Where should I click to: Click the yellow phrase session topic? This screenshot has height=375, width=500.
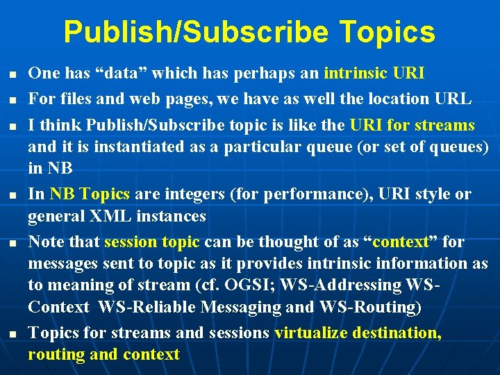[x=152, y=242]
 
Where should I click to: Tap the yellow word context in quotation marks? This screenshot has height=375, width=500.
[x=401, y=242]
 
